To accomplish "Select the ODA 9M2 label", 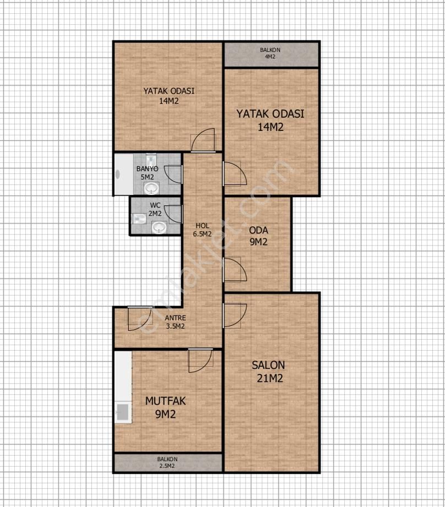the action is [258, 236].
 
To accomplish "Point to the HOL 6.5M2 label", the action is [202, 230].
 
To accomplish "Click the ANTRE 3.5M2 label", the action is [175, 322].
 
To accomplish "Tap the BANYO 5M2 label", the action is [147, 173].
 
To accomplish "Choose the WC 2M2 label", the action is [155, 209].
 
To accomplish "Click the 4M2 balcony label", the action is [270, 53].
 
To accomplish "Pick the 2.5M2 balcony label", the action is [167, 462].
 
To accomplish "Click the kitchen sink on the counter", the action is [123, 412].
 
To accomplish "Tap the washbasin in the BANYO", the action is [151, 188].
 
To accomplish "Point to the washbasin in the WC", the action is [159, 227].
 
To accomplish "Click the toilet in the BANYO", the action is [151, 160].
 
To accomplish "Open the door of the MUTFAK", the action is [200, 361].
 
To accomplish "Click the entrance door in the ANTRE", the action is [140, 319].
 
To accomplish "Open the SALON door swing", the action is [235, 315].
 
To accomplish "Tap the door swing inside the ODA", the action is [235, 269].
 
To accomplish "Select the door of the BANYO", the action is [173, 175].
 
